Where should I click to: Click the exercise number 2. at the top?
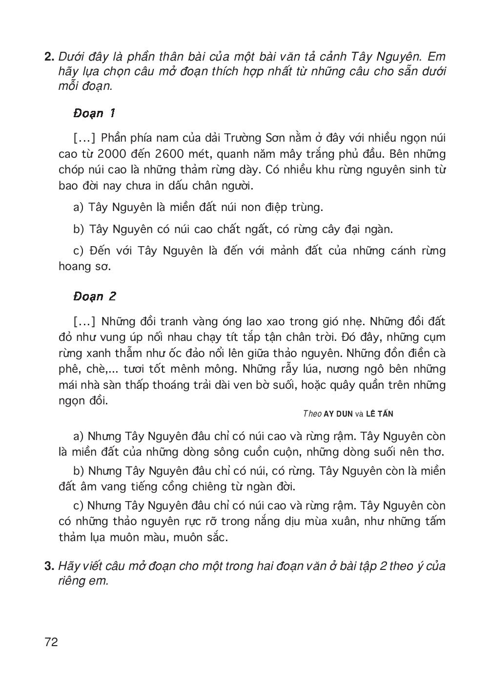click(49, 57)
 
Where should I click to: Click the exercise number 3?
click(49, 566)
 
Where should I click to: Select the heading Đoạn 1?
click(94, 113)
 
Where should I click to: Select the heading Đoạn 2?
click(94, 296)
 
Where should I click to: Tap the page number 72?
click(51, 641)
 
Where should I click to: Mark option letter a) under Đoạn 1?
click(79, 207)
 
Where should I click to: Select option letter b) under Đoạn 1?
click(79, 229)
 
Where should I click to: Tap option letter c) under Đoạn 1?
click(79, 251)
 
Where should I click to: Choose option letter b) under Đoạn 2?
click(79, 471)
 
